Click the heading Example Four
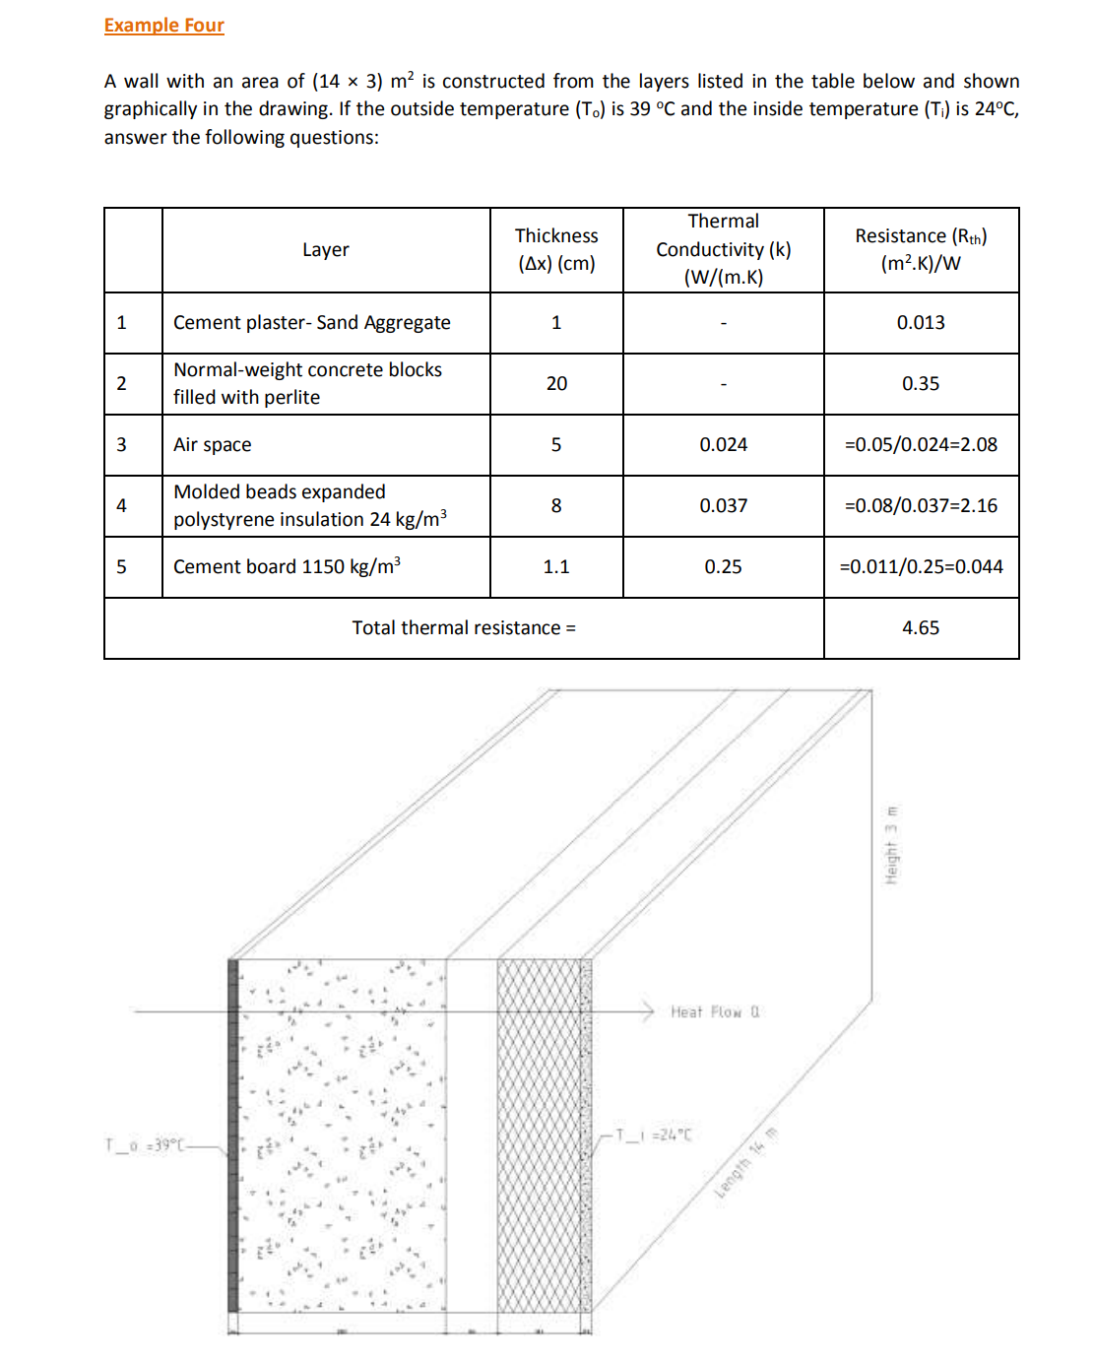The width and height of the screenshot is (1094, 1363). tap(164, 26)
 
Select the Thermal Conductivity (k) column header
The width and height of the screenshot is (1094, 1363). tap(723, 249)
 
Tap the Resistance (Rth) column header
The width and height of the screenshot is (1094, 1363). tap(921, 249)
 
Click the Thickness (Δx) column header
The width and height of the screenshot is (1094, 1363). tap(556, 249)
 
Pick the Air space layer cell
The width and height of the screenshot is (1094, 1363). tap(213, 445)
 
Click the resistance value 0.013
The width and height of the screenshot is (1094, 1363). tap(921, 323)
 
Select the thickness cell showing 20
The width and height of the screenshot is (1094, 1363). tap(556, 384)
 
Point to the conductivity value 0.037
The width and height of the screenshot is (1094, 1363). tap(723, 506)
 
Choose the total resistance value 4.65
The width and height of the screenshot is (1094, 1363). tap(921, 628)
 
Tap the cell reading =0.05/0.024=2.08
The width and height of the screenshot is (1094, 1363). tap(921, 445)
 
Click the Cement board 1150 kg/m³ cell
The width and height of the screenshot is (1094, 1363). tap(287, 567)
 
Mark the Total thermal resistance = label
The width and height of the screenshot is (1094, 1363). tap(464, 628)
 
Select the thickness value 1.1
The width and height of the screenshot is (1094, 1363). tap(556, 567)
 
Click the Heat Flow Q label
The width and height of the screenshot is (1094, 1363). tap(715, 1012)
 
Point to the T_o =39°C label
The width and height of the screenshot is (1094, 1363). tap(143, 1145)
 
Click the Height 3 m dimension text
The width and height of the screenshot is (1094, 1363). tap(891, 845)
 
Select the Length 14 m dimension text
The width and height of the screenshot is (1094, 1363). tap(746, 1162)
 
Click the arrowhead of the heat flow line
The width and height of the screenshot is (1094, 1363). tap(649, 1011)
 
